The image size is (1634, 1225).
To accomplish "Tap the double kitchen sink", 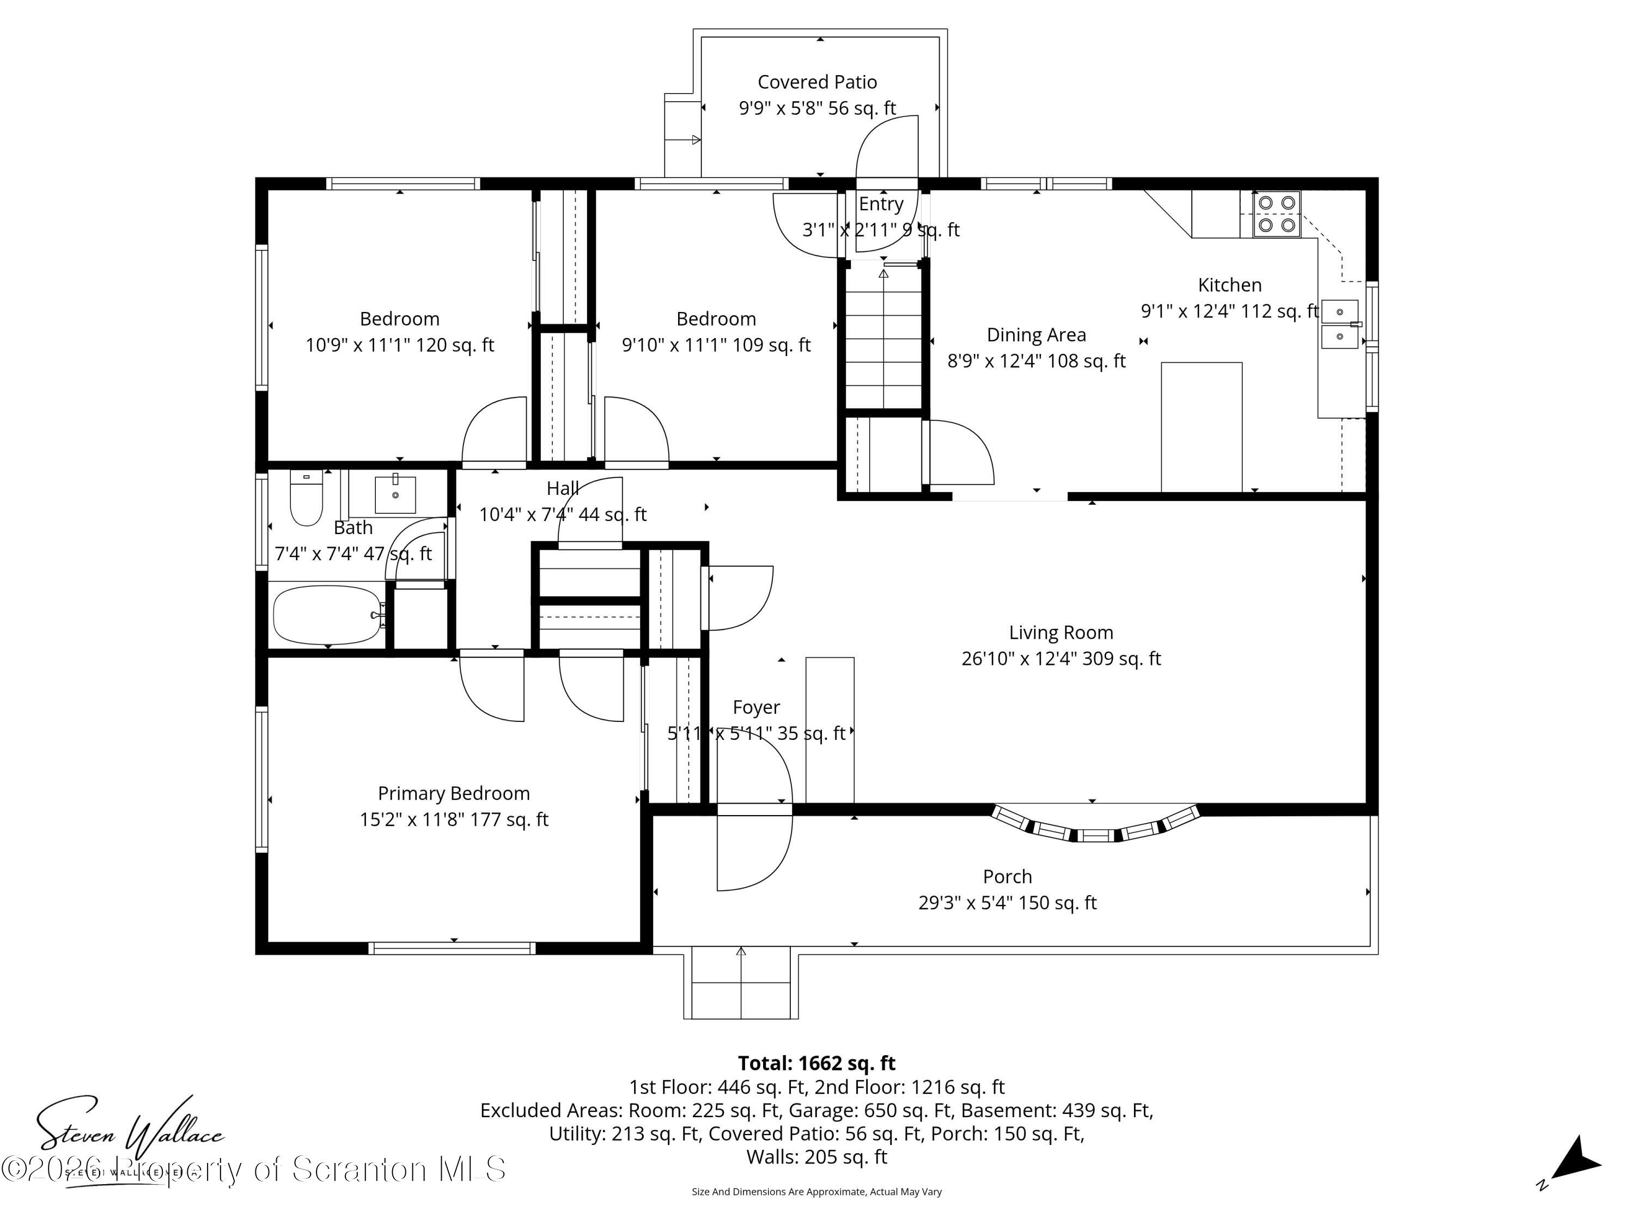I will [1339, 324].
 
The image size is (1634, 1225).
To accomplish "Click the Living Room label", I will [1061, 633].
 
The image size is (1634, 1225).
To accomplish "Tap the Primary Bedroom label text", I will [454, 794].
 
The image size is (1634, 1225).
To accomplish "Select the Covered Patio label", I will [817, 82].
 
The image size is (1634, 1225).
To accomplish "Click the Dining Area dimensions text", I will [1037, 361].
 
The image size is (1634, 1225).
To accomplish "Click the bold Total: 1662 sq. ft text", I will [816, 1063].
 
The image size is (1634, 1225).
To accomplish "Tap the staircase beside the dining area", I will [883, 336].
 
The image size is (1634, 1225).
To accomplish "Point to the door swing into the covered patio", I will [886, 148].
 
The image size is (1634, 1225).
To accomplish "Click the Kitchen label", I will [1229, 285].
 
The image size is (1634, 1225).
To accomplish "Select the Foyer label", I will [755, 707].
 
